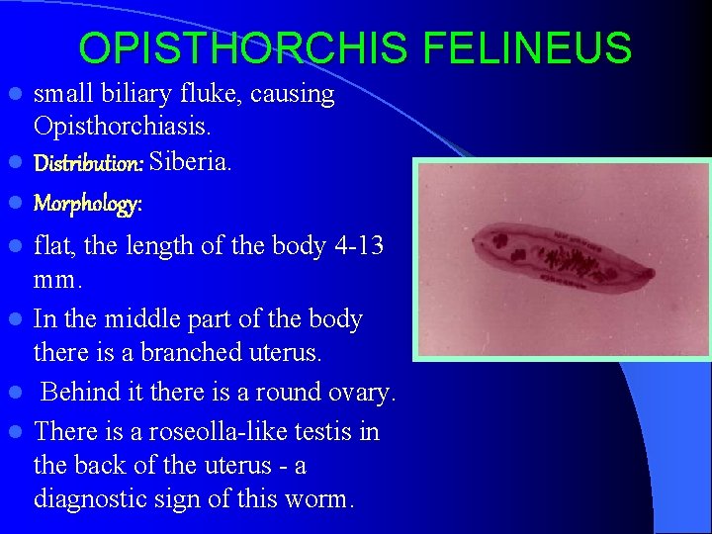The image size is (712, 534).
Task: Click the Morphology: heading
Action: tap(88, 204)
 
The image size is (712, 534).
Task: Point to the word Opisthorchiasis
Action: tap(122, 128)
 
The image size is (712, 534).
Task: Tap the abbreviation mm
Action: tap(57, 280)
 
